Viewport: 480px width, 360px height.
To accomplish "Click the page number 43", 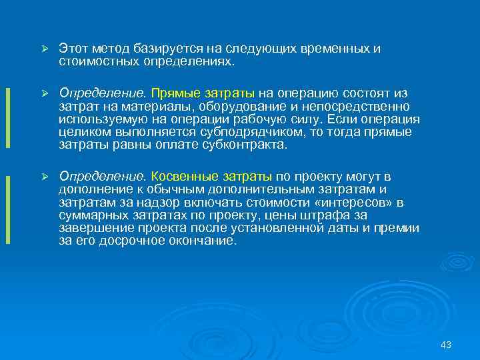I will point(446,345).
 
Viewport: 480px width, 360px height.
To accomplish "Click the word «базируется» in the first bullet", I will point(163,49).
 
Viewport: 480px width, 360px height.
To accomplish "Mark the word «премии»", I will point(396,228).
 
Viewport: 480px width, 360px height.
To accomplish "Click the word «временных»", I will point(317,49).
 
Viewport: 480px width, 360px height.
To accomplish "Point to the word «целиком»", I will point(82,133).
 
